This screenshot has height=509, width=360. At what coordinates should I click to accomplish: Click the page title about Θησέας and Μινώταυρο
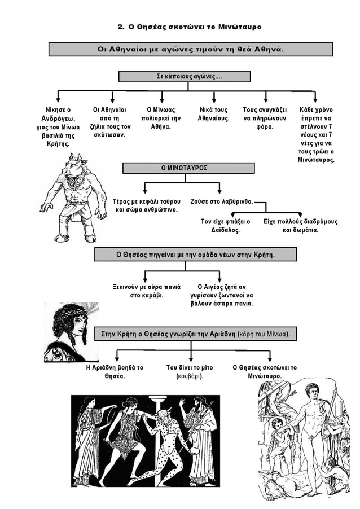pos(189,27)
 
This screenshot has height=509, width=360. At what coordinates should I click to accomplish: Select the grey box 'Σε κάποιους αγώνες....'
pos(185,77)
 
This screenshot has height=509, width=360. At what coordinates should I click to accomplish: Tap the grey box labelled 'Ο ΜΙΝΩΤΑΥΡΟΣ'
pos(188,168)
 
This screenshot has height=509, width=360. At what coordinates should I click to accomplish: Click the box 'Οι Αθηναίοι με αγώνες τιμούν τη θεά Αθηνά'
pos(191,49)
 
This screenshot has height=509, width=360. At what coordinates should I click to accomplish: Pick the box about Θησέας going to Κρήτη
pos(195,254)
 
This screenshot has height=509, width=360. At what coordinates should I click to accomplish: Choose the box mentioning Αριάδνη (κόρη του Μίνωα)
pos(195,334)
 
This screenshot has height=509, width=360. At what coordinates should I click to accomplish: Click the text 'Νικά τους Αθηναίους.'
pos(214,114)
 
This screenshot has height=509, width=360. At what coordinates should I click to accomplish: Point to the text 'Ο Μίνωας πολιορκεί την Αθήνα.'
pos(161,118)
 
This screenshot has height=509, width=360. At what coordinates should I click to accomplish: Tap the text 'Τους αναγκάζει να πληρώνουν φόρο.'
pos(265,118)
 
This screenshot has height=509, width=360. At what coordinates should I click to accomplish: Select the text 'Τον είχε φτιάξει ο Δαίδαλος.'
pos(225,226)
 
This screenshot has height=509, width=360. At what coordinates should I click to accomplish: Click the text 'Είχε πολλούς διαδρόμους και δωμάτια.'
pos(300,226)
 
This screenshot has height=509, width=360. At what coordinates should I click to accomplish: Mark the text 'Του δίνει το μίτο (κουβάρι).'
pos(190,372)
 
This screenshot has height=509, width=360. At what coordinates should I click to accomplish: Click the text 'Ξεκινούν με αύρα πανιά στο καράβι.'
pos(146,291)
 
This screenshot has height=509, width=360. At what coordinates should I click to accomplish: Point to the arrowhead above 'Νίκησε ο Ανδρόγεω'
pos(58,99)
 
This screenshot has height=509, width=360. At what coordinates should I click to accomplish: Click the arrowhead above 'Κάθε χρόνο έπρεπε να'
pos(315,99)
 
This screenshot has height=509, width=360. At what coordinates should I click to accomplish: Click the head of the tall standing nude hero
pos(312,393)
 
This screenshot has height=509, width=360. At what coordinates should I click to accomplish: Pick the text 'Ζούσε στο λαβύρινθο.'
pos(221,201)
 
